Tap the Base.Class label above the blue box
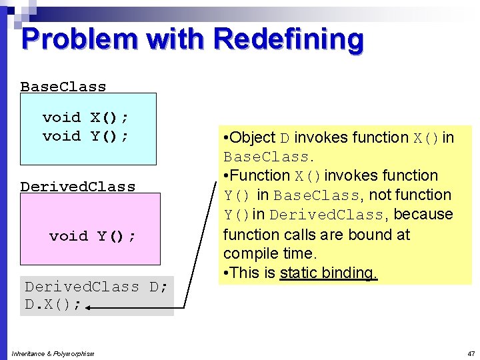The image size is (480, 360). coord(63,87)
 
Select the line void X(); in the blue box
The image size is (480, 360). coord(86,118)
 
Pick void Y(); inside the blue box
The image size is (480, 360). coord(86,136)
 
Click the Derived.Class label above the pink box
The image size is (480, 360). coord(78,187)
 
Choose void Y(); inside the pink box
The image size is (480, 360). coord(93,236)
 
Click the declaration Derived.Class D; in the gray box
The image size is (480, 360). coord(96,287)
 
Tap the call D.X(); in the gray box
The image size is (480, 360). coord(53,305)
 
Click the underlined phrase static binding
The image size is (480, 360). coord(329,273)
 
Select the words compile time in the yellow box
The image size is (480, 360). coord(268,253)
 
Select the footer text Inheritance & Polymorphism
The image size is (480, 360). coord(53,353)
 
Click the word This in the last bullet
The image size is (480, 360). coord(246,273)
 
